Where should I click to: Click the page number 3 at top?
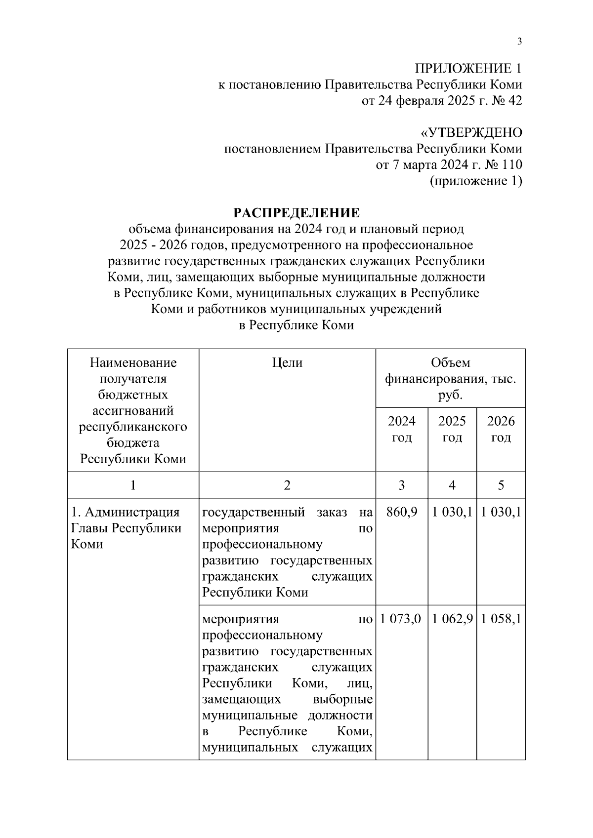click(519, 41)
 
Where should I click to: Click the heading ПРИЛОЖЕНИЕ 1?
click(467, 68)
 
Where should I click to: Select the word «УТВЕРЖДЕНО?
click(471, 133)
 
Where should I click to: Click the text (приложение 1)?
click(476, 181)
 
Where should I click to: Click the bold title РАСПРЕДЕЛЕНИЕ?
click(296, 213)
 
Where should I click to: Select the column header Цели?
click(287, 363)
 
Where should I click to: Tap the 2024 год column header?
click(401, 429)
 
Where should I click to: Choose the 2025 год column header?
click(452, 429)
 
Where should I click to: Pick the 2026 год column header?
click(501, 429)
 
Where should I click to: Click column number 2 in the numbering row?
click(287, 485)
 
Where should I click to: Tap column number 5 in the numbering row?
click(501, 485)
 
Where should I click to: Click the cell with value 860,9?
click(401, 512)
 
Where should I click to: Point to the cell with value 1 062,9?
click(452, 619)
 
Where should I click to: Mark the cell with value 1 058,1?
click(501, 619)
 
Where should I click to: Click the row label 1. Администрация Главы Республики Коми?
click(127, 528)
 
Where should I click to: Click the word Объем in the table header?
click(450, 363)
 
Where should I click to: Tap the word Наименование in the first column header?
click(133, 363)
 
